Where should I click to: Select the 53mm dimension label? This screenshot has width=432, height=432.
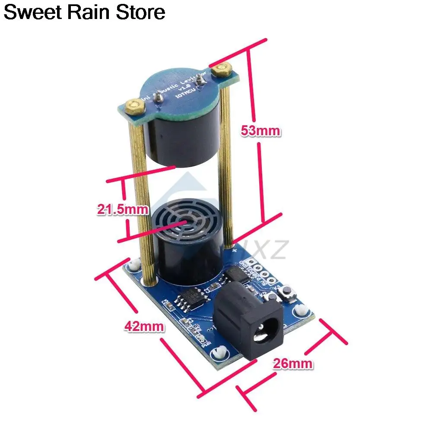click(260, 131)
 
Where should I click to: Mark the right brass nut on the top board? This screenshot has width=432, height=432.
click(223, 68)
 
